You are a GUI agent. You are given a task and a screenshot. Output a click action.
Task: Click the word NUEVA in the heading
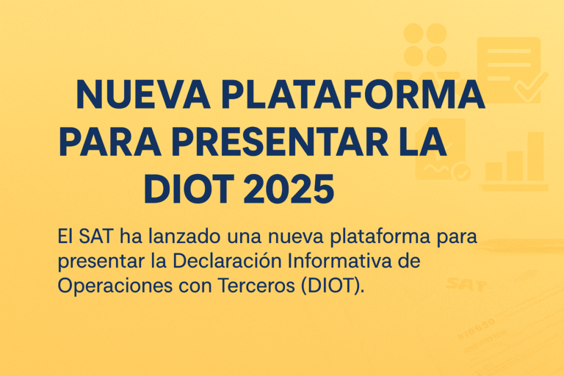(x=143, y=94)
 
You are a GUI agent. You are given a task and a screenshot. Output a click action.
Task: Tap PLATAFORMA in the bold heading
(x=353, y=94)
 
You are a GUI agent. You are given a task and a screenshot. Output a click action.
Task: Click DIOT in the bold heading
(x=187, y=189)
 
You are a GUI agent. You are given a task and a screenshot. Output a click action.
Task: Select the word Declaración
(x=227, y=261)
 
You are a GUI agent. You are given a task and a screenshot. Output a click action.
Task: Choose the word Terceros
(x=257, y=286)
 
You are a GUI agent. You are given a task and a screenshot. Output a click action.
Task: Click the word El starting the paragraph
(x=65, y=236)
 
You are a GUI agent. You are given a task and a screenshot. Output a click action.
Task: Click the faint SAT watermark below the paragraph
(x=466, y=284)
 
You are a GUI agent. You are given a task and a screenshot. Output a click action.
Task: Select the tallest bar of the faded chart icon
(x=535, y=156)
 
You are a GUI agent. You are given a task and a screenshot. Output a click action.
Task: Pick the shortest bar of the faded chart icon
(x=493, y=171)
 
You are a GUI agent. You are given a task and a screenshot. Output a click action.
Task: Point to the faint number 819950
(x=477, y=329)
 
